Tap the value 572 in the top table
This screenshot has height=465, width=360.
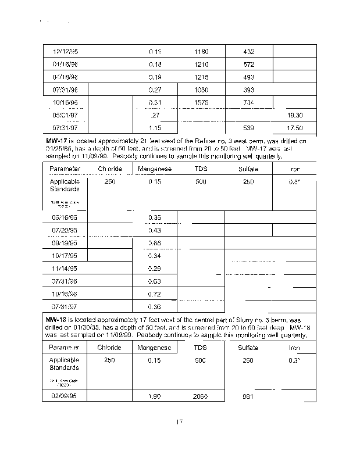(x=249, y=64)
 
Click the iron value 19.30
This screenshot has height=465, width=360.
(x=295, y=115)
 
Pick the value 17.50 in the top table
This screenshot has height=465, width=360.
(x=295, y=128)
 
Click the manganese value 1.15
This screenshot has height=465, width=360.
(x=155, y=128)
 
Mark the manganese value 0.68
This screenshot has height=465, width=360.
(x=155, y=244)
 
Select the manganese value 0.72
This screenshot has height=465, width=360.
(x=155, y=294)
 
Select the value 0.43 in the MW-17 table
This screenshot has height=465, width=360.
(x=155, y=231)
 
